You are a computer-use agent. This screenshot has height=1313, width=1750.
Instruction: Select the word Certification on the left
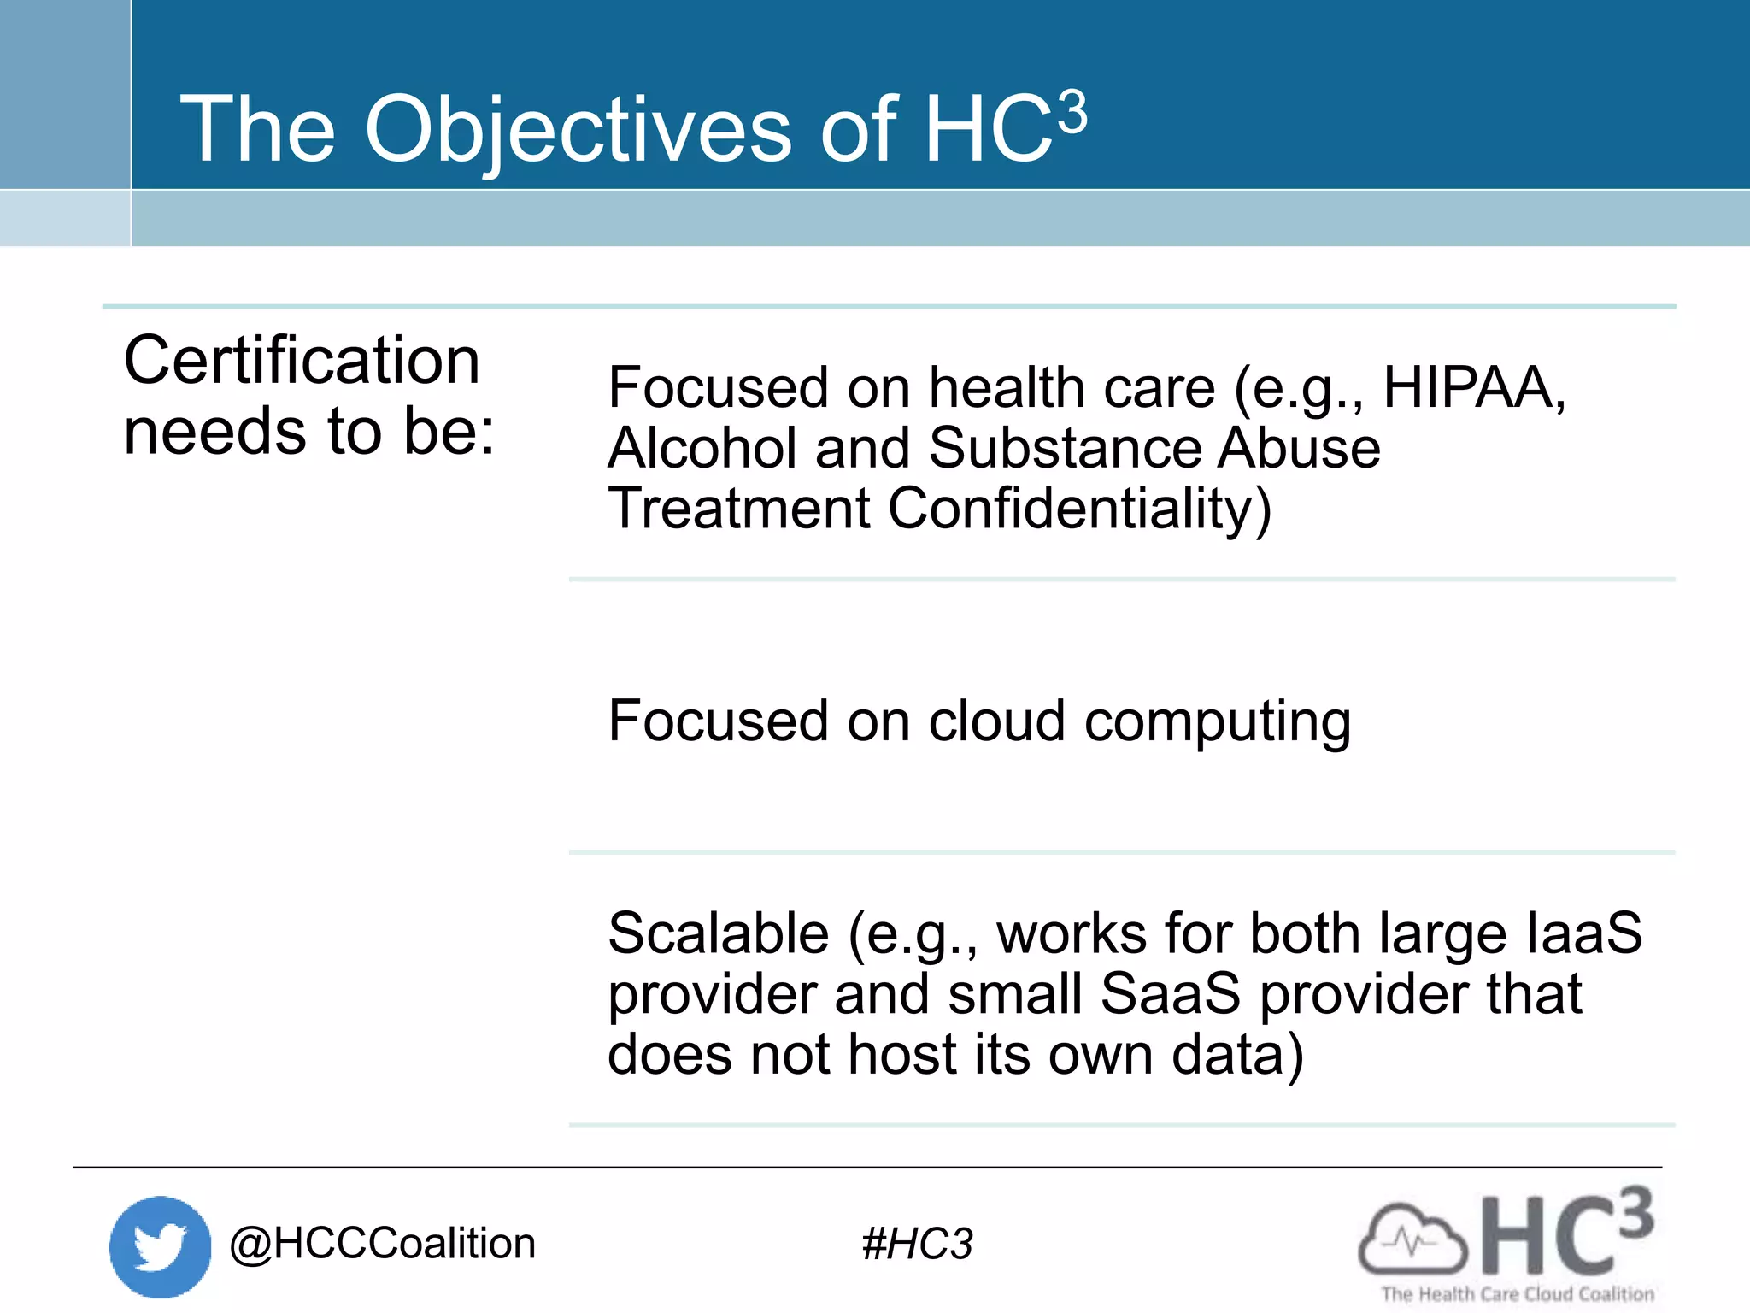click(x=302, y=361)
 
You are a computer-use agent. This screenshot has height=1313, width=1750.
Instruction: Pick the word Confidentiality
click(x=1079, y=509)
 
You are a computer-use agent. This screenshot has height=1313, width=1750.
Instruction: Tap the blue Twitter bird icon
click(x=160, y=1246)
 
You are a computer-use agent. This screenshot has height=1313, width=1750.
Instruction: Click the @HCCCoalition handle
click(x=382, y=1243)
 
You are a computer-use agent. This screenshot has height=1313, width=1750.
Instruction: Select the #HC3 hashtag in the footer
click(x=917, y=1244)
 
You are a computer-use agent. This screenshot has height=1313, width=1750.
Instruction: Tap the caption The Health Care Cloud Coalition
click(x=1518, y=1294)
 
